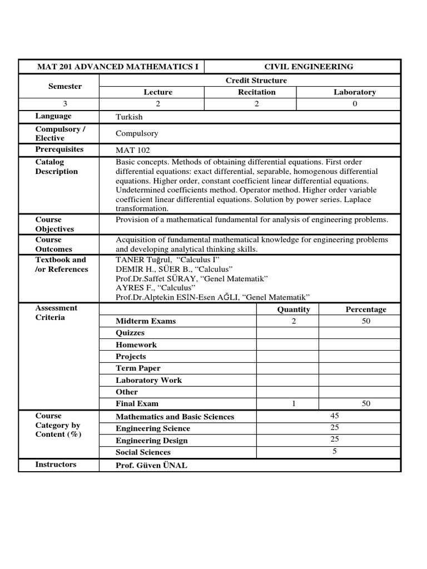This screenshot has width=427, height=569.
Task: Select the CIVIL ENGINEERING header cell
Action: point(308,67)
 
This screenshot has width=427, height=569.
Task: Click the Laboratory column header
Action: point(354,92)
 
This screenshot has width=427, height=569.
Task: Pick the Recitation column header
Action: point(256,92)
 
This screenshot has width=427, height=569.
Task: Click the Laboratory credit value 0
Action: point(355,104)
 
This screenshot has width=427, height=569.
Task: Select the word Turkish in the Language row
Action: point(129,117)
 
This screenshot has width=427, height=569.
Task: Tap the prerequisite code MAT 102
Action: point(132,150)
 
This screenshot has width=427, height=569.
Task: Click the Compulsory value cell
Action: point(137,133)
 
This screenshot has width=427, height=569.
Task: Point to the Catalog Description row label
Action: point(56,167)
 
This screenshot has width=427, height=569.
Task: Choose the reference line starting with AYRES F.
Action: point(151,287)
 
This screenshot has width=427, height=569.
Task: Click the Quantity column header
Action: point(294,310)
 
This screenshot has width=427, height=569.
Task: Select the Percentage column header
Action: point(365,310)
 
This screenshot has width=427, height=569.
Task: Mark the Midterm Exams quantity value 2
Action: point(294,321)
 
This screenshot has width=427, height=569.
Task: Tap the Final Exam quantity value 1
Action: point(294,404)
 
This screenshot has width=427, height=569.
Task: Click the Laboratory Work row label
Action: point(148,381)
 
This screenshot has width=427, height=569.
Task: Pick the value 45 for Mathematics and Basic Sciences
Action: point(335,416)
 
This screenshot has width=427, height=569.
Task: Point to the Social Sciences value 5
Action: point(335,451)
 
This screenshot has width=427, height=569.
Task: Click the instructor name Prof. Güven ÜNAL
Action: point(151,465)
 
